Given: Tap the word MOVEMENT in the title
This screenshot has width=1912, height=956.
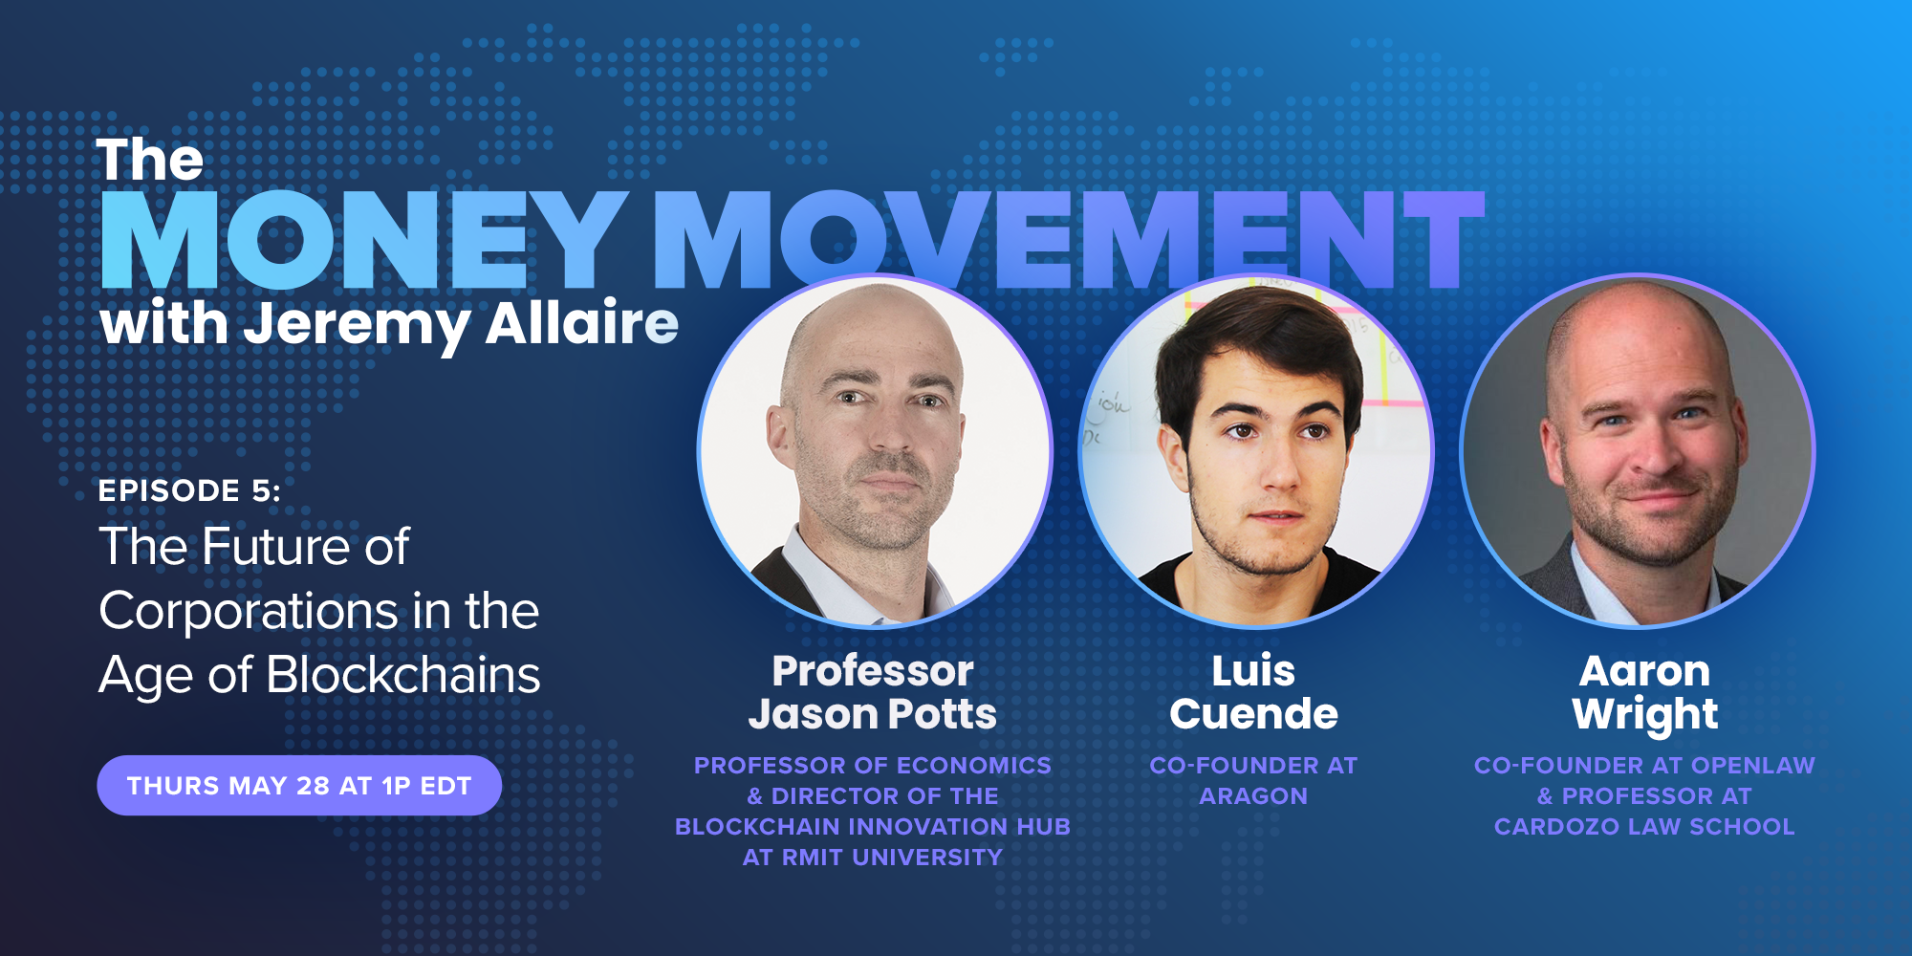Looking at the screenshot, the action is (x=1069, y=240).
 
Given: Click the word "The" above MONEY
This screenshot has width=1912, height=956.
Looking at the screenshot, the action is (x=150, y=160).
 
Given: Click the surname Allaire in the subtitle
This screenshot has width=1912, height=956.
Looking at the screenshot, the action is (x=582, y=322).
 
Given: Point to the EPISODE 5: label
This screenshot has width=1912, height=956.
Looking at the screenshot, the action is (x=189, y=490).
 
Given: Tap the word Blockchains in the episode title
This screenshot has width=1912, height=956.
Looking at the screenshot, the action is (x=403, y=674).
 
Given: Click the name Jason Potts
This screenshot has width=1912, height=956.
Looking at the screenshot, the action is (x=872, y=714).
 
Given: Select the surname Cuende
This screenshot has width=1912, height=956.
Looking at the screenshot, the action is (x=1253, y=714).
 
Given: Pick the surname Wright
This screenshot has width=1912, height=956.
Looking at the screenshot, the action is (x=1644, y=715).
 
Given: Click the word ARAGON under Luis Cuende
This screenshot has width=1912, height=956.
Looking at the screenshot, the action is (x=1253, y=796).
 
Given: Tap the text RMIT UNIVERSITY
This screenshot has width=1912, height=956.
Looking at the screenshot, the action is (x=892, y=858).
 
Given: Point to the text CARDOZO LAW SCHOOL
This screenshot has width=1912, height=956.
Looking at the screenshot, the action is (x=1644, y=827).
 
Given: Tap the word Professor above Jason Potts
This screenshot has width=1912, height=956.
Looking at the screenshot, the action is (x=873, y=671).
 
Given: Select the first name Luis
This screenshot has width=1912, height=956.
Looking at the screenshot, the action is (x=1253, y=671).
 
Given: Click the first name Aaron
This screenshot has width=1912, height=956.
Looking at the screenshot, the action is (x=1644, y=671).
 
